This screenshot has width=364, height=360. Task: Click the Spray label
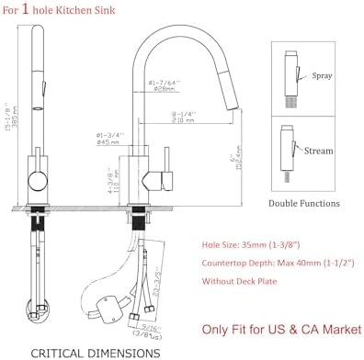click(323, 76)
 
